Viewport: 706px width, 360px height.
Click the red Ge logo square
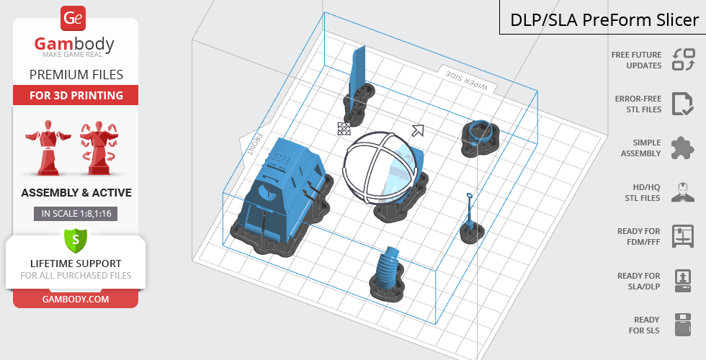click(x=73, y=19)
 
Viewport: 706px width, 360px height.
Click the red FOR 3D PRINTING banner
click(x=76, y=95)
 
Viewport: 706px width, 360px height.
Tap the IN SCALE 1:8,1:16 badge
click(x=76, y=213)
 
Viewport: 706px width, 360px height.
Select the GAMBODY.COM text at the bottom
click(x=76, y=300)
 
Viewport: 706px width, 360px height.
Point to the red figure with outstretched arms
click(x=48, y=147)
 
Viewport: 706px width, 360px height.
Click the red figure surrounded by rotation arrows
click(x=99, y=147)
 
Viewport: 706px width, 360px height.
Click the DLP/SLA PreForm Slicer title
click(x=604, y=20)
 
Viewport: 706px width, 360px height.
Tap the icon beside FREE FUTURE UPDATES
click(x=684, y=59)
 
